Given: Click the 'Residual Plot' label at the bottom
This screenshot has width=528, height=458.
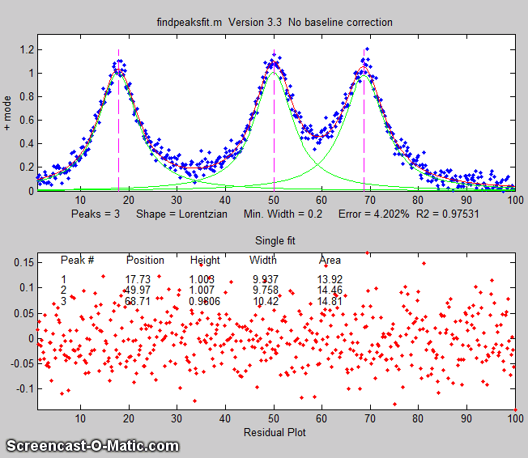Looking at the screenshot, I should pos(275,432).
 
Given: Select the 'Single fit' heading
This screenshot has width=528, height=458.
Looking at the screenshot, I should pos(275,241).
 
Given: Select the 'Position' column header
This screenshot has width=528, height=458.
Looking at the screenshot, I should pos(145,261).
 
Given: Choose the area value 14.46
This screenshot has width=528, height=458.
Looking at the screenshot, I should pos(330,290).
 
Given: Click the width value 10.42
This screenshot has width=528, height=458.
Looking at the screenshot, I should pos(265,300).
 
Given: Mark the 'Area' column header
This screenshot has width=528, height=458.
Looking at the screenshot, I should pos(330,261).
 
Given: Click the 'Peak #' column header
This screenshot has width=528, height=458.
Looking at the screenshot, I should pos(78,261).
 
